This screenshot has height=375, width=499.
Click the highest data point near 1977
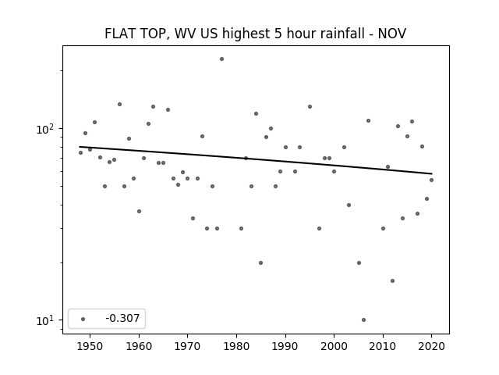tap(221, 59)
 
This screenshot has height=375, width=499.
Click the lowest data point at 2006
tap(364, 320)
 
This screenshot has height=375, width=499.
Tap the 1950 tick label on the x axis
tap(90, 346)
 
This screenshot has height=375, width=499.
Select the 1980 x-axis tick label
tap(236, 346)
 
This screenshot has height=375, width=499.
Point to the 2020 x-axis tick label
tap(431, 346)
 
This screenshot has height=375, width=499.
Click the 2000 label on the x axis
tap(334, 346)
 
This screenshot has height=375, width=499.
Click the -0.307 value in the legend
tap(122, 318)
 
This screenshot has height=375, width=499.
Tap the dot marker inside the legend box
tap(83, 319)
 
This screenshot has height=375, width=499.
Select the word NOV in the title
tap(392, 34)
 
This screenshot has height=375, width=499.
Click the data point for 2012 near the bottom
tap(392, 281)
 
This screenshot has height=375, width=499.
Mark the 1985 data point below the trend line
tap(260, 262)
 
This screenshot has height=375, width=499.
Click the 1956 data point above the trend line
tap(119, 104)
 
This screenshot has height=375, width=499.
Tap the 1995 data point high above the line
tap(310, 106)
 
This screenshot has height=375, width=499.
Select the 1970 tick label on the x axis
tap(187, 346)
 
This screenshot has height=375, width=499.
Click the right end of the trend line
tap(432, 173)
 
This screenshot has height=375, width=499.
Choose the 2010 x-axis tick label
tap(383, 346)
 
